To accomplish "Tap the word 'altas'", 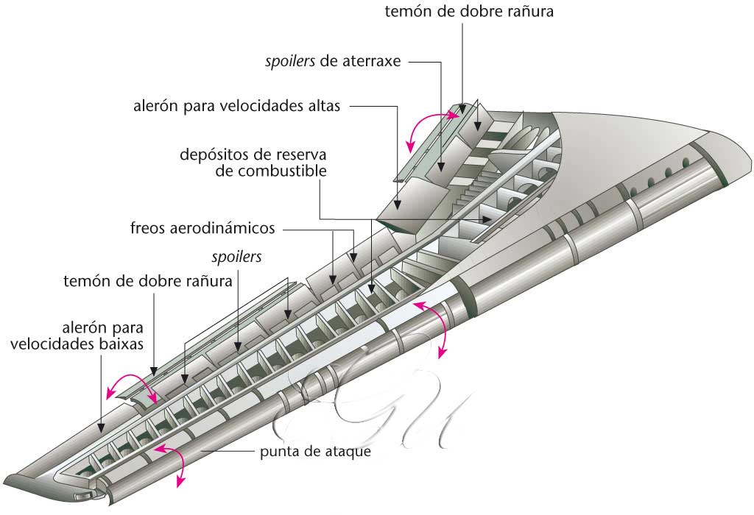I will [322, 106].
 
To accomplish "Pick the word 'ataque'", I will [348, 451].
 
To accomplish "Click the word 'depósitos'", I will [213, 156].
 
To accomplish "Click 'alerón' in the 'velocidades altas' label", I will [155, 106].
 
